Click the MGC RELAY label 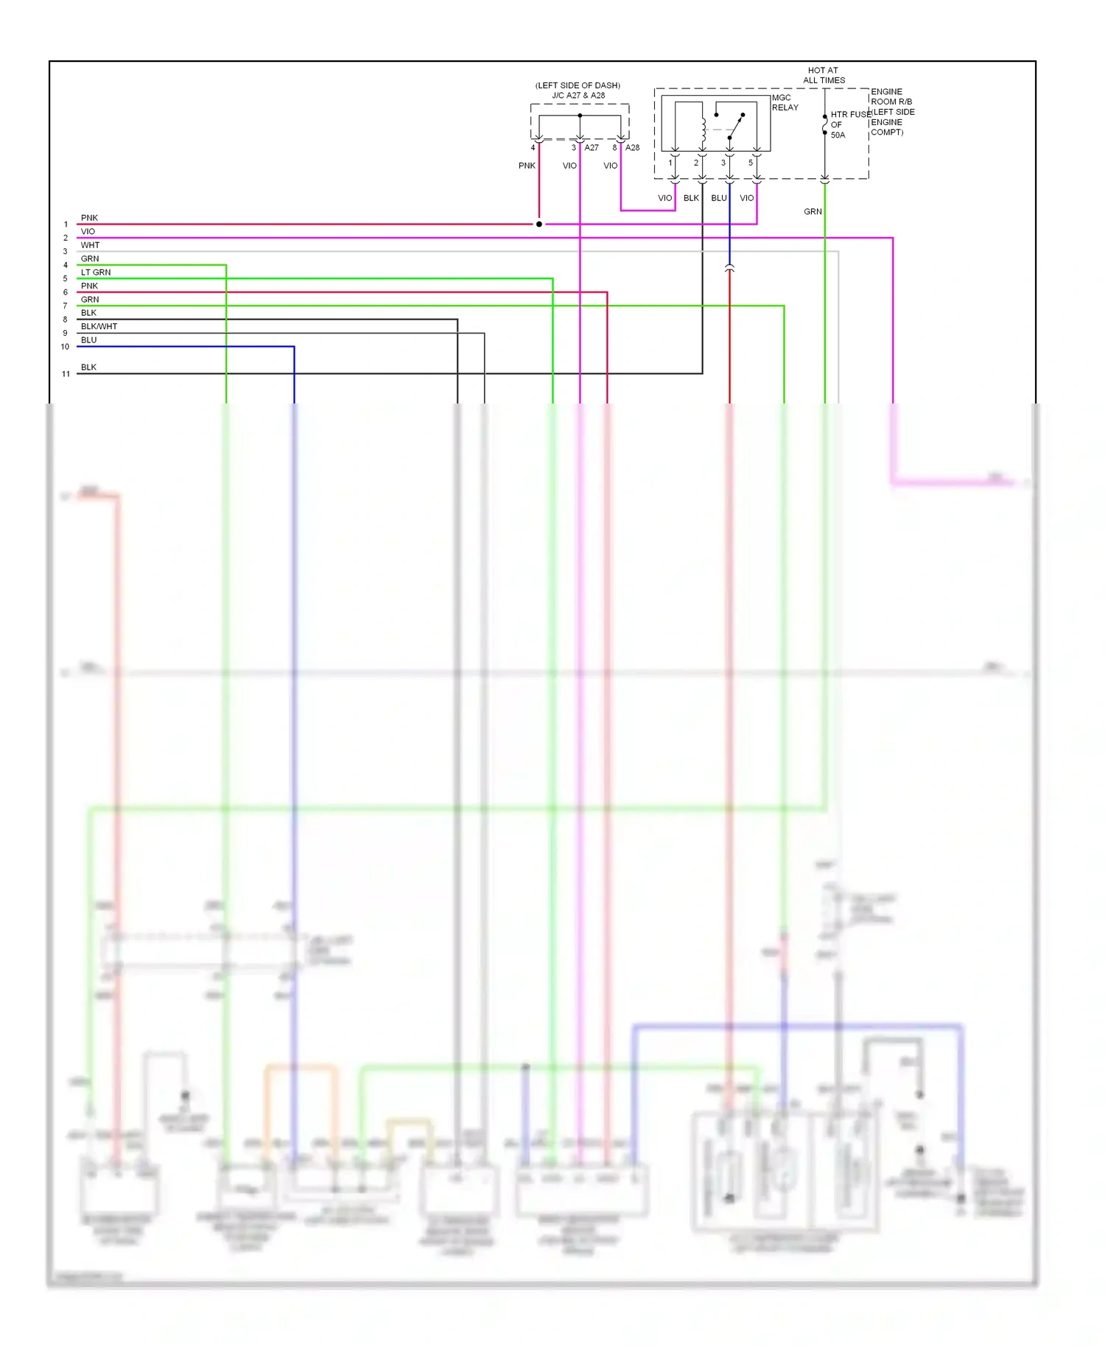(x=784, y=102)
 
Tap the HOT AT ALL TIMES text (x=824, y=75)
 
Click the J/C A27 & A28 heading (x=578, y=95)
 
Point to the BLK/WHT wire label (x=99, y=326)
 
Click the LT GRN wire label (x=96, y=272)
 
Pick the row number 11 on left (x=66, y=374)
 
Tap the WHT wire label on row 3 (x=90, y=245)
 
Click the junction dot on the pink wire (x=539, y=224)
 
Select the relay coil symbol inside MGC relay (x=704, y=130)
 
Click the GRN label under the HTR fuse (x=813, y=211)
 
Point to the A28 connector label (x=632, y=147)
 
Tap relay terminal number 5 (x=751, y=163)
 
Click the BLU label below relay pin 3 (x=718, y=198)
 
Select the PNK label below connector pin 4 (x=527, y=166)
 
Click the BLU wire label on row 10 (x=88, y=340)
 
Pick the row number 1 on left (x=66, y=225)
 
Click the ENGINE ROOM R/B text (x=891, y=96)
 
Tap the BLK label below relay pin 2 (x=691, y=198)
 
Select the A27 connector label (x=592, y=147)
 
